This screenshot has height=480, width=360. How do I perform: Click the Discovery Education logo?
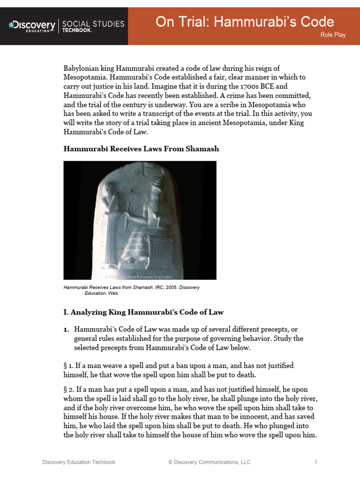click(32, 25)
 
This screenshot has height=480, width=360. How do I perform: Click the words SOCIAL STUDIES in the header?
click(93, 23)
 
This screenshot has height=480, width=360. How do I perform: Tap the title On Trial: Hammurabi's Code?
click(245, 22)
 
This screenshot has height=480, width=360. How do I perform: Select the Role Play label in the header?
click(333, 35)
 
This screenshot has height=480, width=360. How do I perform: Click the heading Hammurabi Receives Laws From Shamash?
click(141, 149)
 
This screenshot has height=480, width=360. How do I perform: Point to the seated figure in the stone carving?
click(155, 220)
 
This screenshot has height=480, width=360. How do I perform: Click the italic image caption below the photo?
click(131, 290)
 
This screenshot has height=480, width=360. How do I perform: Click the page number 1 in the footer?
click(316, 462)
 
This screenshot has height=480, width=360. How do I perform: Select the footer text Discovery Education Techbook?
click(79, 462)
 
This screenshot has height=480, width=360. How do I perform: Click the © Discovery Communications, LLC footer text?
click(209, 462)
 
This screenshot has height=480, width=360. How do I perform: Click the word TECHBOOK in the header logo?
click(77, 30)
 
